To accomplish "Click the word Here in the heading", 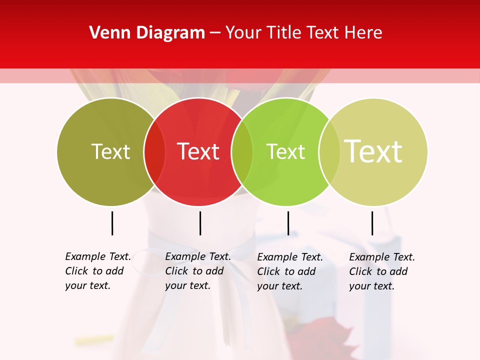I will click(x=364, y=33).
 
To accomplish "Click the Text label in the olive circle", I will click(x=110, y=151).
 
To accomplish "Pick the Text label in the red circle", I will click(x=198, y=151).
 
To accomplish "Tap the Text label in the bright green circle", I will click(x=285, y=151).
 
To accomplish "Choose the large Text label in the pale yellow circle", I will click(x=373, y=151).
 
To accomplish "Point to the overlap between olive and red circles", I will click(x=154, y=151).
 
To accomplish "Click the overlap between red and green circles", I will click(x=242, y=151).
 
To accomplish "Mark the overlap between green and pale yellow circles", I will click(x=329, y=151).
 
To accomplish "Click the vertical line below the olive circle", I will click(x=112, y=223).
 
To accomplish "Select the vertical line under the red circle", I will click(x=200, y=223).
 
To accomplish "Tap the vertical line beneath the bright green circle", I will click(x=288, y=223).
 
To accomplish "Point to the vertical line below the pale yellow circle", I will click(x=372, y=223).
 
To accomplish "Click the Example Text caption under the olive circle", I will click(x=97, y=271).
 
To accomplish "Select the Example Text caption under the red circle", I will click(x=197, y=271).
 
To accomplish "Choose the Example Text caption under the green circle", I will click(x=289, y=271).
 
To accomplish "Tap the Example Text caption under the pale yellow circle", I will click(x=381, y=271).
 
